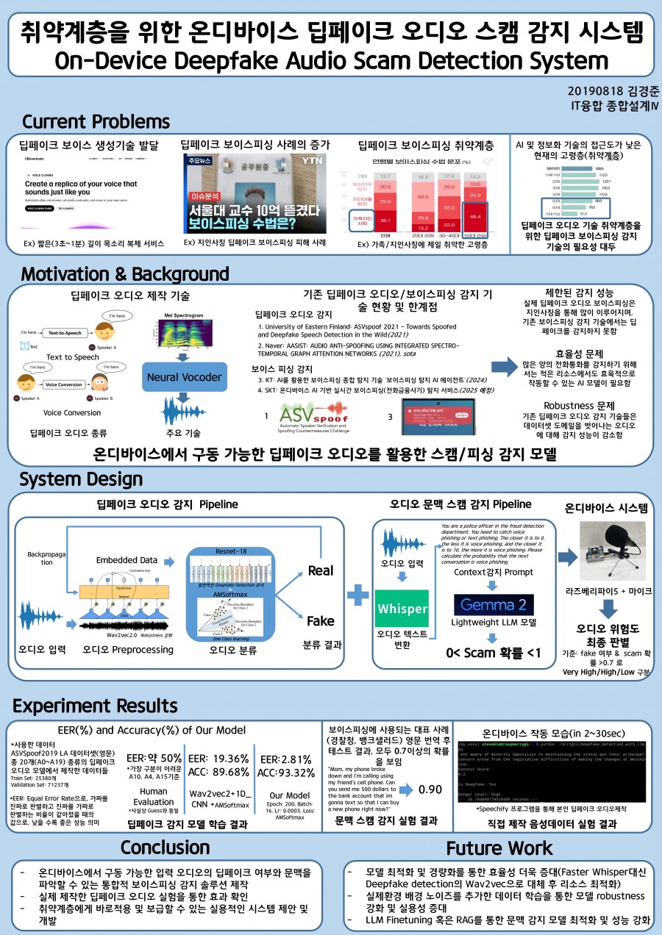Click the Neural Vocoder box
[184, 377]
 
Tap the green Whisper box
[402, 609]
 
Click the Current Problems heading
[96, 121]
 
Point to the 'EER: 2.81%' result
[287, 759]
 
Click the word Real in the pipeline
[320, 570]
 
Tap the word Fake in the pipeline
[320, 621]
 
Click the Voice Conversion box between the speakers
[63, 384]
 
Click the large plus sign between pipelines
[358, 593]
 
